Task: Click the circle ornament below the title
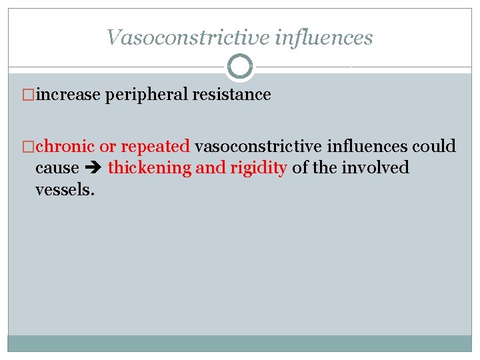coord(240,67)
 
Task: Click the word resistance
coord(231,95)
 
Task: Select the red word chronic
coord(65,146)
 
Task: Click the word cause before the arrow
coord(57,168)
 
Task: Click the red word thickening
coord(149,168)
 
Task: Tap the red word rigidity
coord(258,168)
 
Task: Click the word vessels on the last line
coord(65,189)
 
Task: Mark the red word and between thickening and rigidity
coord(209,168)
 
